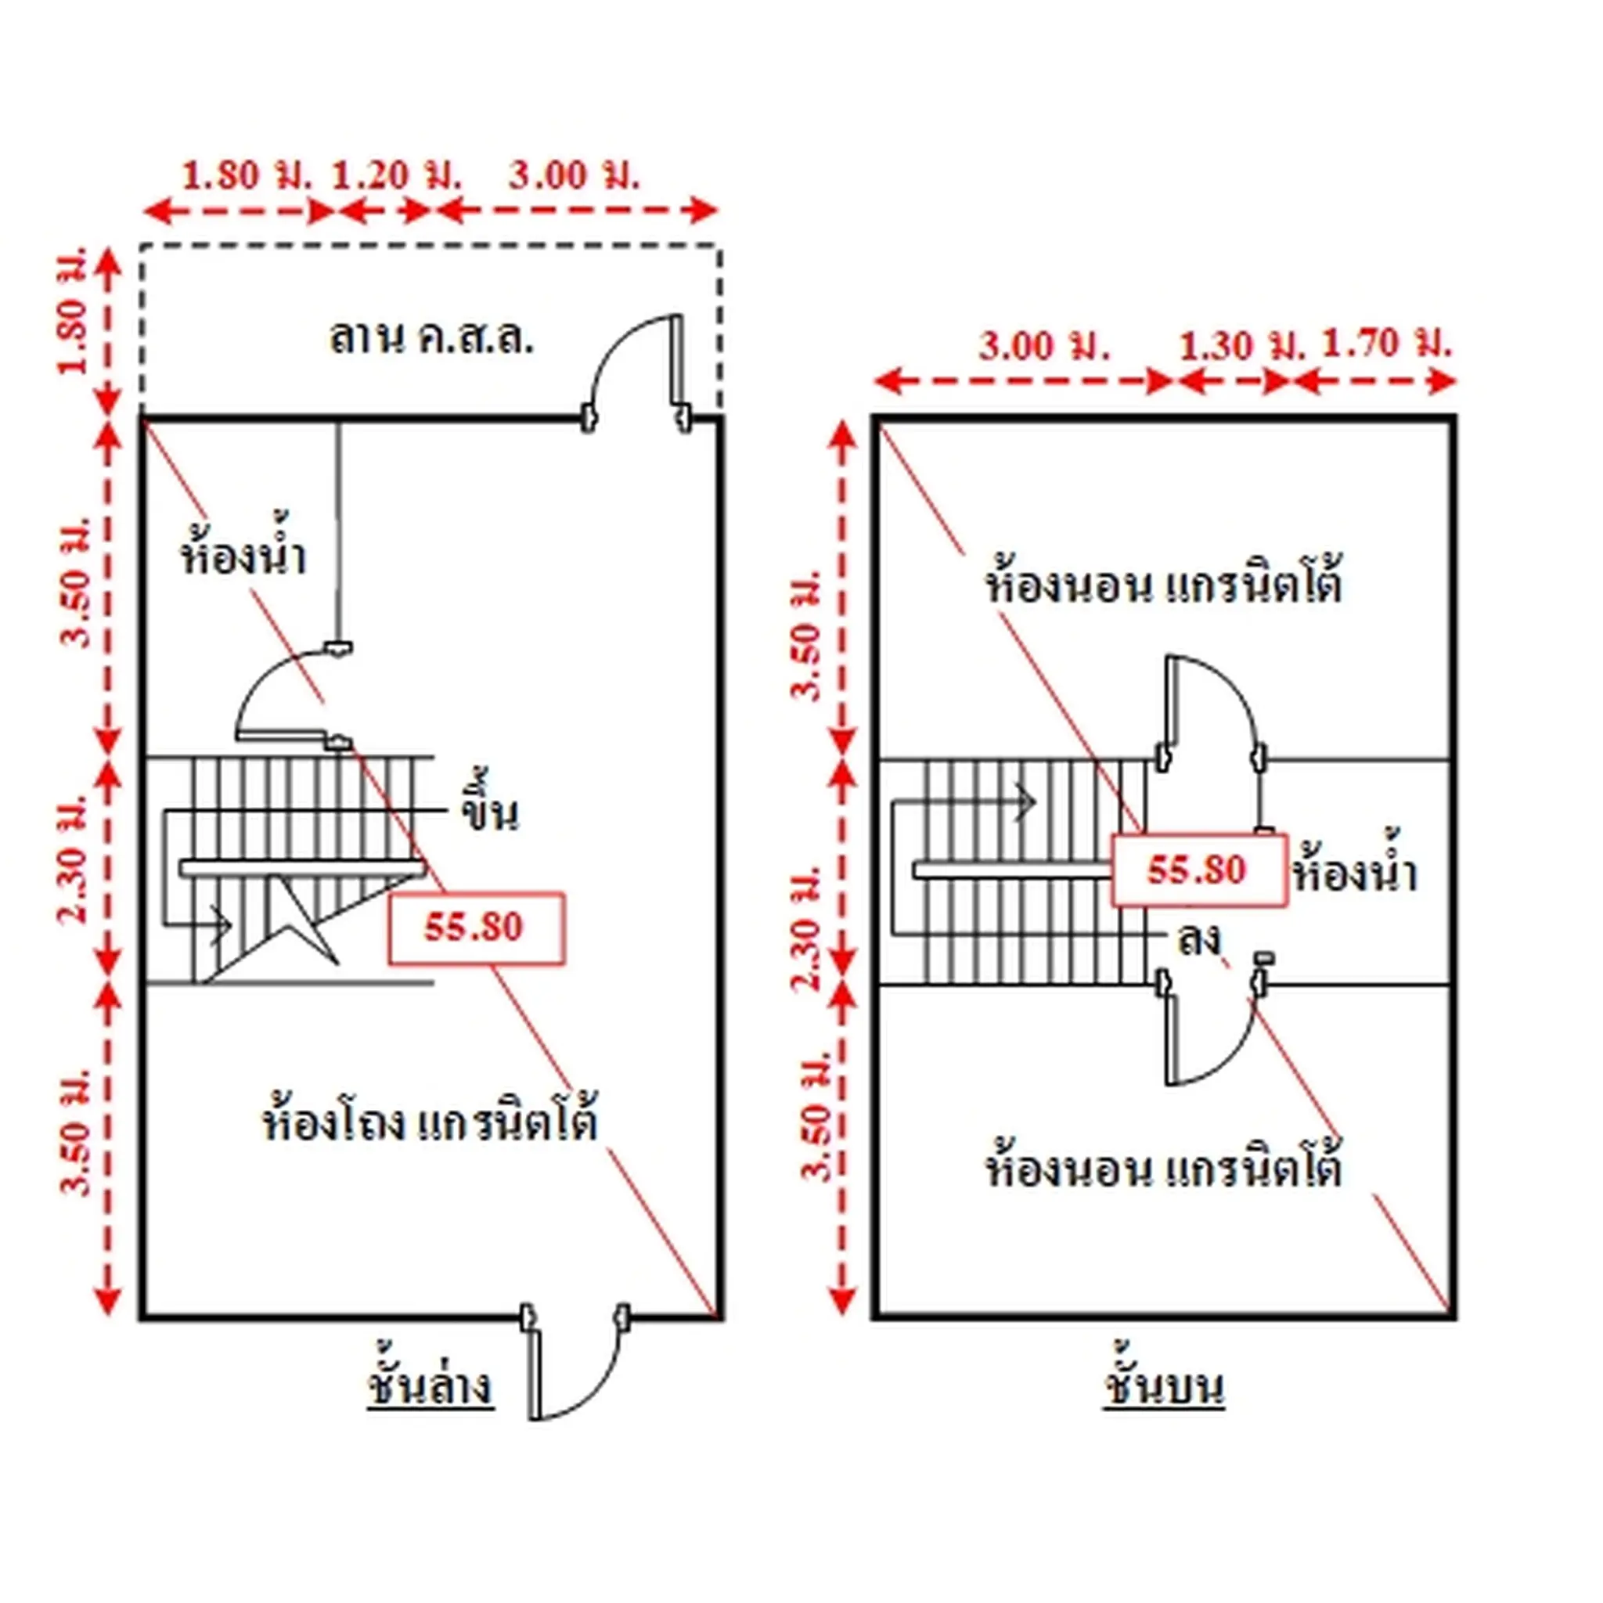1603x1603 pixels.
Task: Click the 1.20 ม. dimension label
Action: [x=396, y=175]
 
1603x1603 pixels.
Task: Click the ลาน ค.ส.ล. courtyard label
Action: [x=430, y=337]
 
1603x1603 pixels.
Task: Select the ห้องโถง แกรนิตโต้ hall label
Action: [x=430, y=1121]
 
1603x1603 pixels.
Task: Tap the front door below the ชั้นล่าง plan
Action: [x=576, y=1360]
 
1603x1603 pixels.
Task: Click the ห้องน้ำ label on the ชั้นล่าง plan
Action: [x=243, y=551]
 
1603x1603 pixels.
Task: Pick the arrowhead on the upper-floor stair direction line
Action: [x=1028, y=802]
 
